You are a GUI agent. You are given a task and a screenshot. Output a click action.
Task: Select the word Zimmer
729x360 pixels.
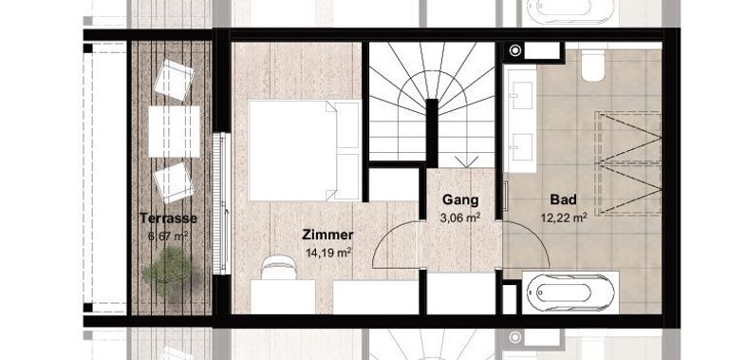click(327, 235)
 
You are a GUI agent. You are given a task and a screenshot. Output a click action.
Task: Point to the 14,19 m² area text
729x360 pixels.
click(328, 252)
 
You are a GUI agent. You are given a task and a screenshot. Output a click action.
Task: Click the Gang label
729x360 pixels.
click(460, 200)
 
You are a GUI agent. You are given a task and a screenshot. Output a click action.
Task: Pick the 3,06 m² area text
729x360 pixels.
click(460, 217)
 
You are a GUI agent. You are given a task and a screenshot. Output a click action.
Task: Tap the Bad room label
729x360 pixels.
click(564, 200)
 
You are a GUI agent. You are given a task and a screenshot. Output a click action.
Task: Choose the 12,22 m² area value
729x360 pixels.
click(564, 217)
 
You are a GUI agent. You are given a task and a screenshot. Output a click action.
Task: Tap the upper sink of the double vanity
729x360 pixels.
click(522, 93)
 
